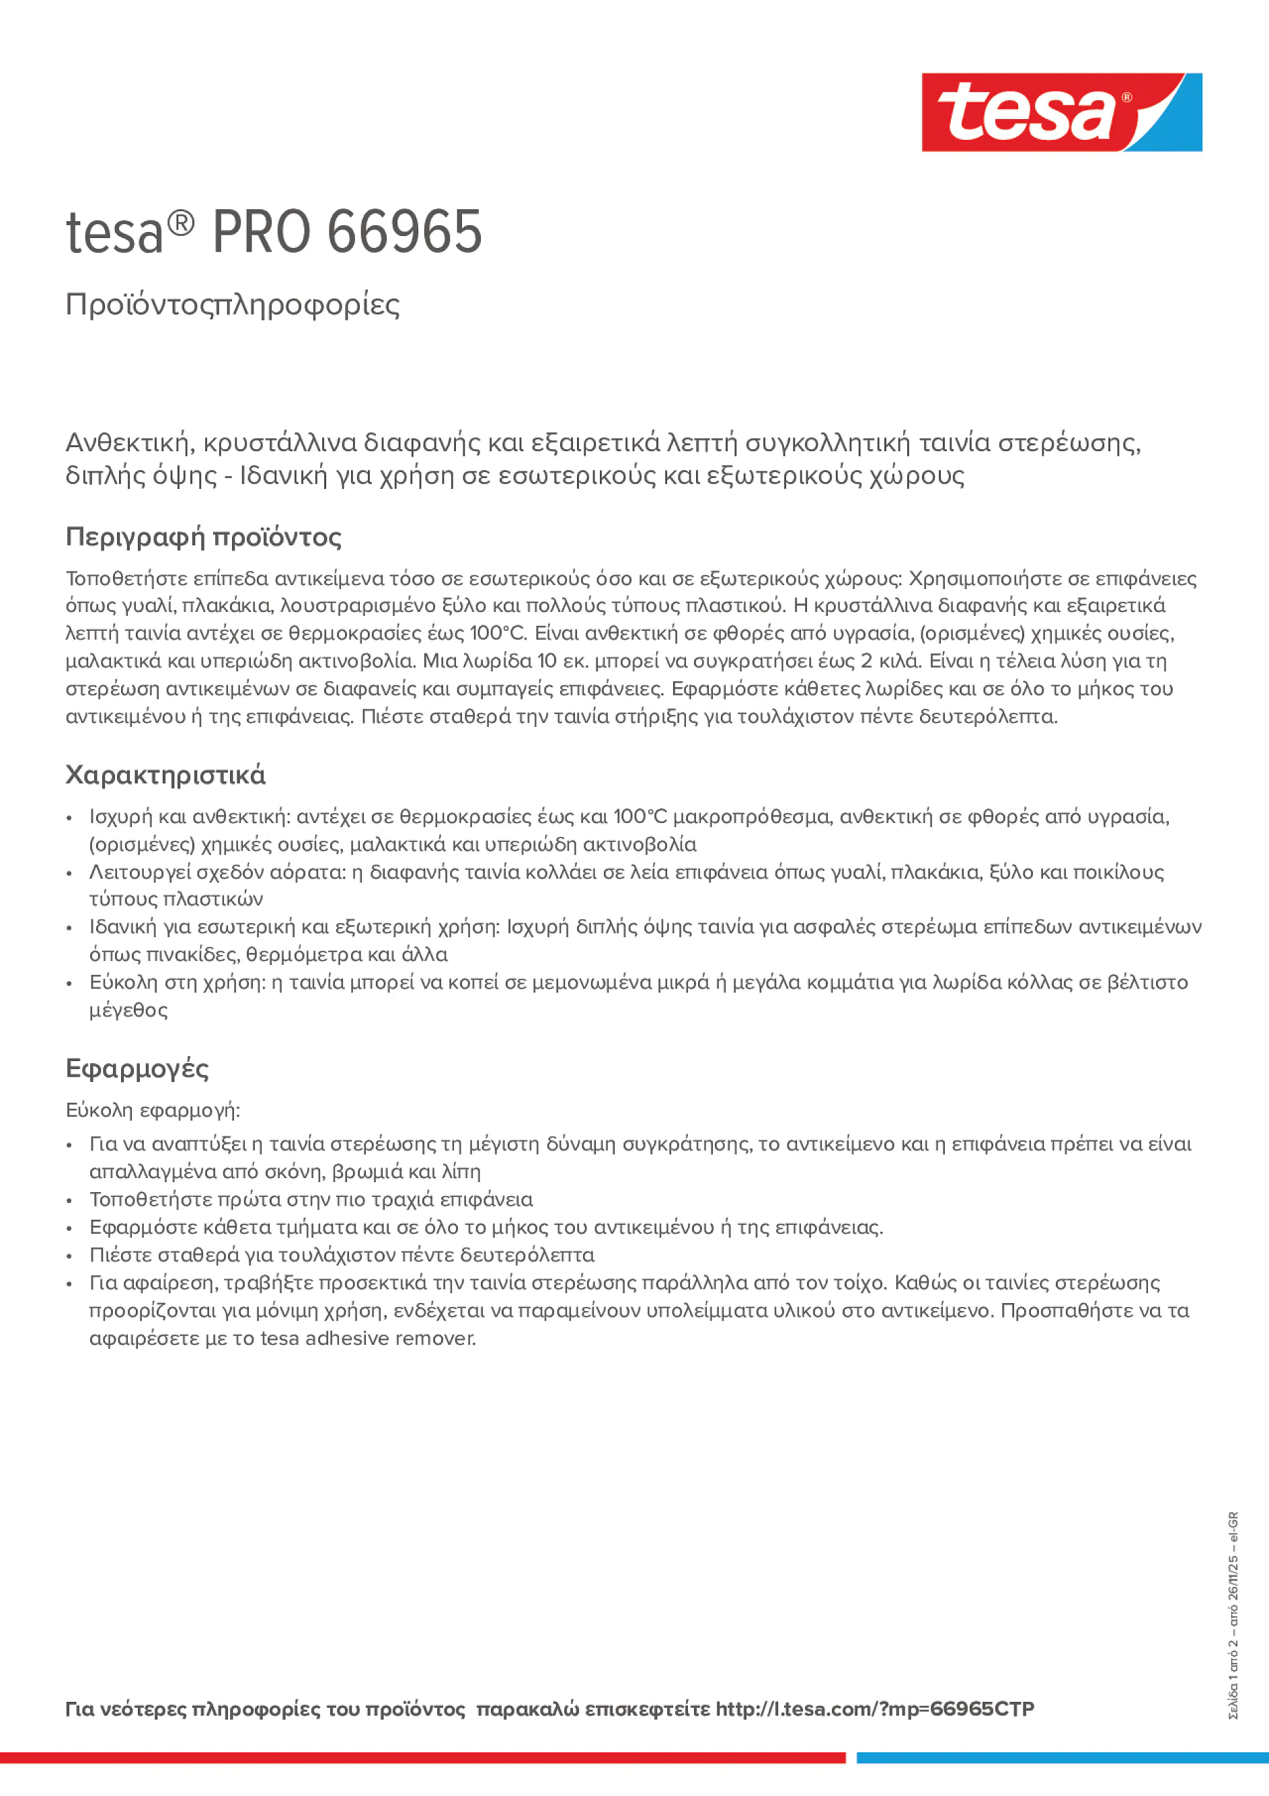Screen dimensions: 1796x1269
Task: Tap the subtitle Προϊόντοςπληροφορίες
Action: click(233, 305)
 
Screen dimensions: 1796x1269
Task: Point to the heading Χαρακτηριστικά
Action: click(165, 775)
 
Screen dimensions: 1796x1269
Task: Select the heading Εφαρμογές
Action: click(137, 1068)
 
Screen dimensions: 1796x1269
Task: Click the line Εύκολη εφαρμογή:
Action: click(153, 1110)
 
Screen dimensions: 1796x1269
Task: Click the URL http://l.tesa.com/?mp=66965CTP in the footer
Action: click(875, 1709)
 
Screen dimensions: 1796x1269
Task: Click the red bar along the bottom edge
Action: click(422, 1758)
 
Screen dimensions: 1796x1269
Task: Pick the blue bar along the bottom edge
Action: click(1063, 1758)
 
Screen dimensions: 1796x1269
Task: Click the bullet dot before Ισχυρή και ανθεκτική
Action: click(70, 818)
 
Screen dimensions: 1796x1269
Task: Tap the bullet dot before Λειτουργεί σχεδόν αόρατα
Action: click(70, 873)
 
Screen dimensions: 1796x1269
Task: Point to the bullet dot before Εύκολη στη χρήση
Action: click(70, 983)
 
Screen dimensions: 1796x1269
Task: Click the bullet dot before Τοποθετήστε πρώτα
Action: click(70, 1201)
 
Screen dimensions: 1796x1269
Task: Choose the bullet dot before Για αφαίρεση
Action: click(70, 1284)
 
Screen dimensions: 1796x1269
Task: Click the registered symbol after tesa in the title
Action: click(181, 224)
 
